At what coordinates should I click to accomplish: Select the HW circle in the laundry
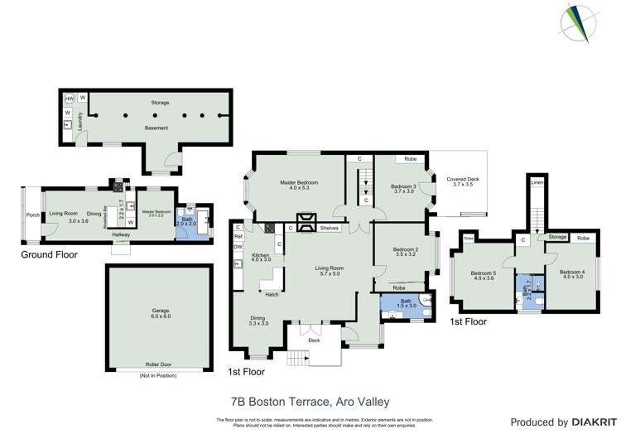click(70, 99)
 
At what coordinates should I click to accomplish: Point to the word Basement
click(156, 128)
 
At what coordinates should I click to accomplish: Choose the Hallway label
click(122, 234)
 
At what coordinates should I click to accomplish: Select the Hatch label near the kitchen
click(271, 293)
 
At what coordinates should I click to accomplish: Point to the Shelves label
click(330, 228)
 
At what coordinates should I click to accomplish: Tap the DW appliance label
click(238, 246)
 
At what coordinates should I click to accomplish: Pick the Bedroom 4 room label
click(571, 275)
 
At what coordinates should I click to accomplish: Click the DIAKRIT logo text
click(591, 422)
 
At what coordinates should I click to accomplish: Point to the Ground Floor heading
click(50, 254)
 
